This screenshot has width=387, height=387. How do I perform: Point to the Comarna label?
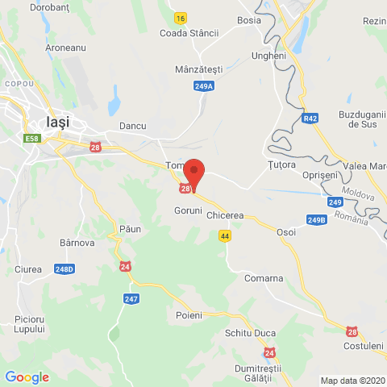[x=264, y=278]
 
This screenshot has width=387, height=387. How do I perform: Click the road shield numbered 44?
[x=224, y=235]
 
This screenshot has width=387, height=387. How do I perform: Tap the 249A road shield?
[x=204, y=85]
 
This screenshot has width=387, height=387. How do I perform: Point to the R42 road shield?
[x=310, y=118]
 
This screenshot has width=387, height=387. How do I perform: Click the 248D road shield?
[x=64, y=268]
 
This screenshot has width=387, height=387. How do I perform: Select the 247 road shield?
[x=131, y=299]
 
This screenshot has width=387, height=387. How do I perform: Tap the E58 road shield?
[x=32, y=139]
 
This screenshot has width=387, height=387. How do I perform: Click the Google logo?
[x=27, y=377]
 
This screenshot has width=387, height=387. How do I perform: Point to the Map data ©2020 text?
[x=352, y=381]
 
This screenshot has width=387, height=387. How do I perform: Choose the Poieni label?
[x=189, y=314]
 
